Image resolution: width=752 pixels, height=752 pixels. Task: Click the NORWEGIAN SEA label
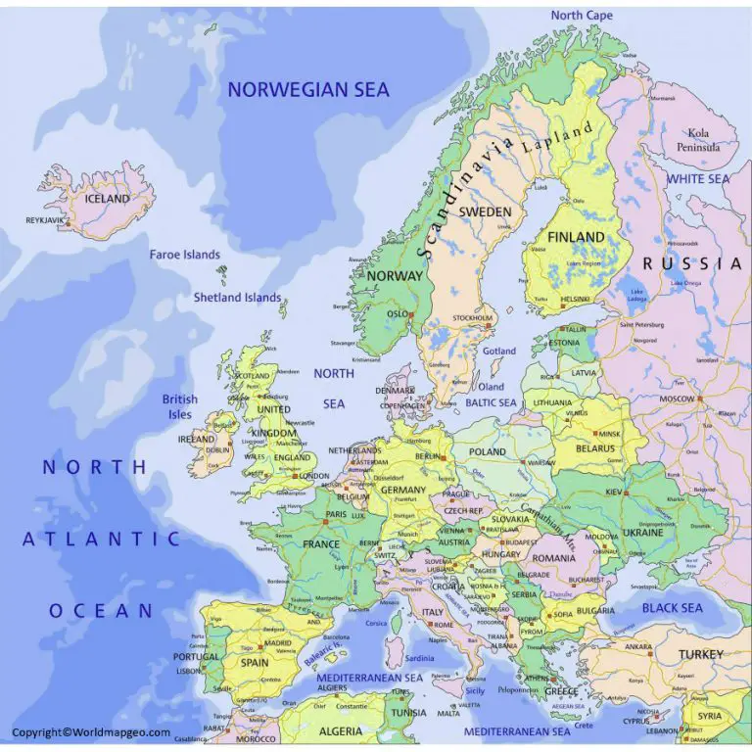pos(308,90)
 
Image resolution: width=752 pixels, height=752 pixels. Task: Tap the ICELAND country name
pos(107,199)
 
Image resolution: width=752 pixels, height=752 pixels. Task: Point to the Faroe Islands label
pos(184,255)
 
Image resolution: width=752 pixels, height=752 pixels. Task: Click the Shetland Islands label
pos(237,298)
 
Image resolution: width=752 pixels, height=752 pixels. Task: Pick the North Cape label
pos(582,16)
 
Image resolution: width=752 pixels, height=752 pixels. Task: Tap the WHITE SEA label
pos(698,180)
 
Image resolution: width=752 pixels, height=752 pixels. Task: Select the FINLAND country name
pos(576,238)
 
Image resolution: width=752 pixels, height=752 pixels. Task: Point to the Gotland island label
pos(499,352)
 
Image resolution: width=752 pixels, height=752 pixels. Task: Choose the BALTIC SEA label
pos(491,402)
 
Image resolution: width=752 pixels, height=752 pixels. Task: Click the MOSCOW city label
pos(677,399)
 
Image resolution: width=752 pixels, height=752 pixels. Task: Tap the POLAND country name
pos(487,452)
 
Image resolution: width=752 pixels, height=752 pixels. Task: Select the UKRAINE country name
pos(642,533)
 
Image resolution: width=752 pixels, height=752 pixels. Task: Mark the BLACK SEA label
pos(672,608)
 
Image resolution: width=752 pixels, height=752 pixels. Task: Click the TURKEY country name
pos(701,654)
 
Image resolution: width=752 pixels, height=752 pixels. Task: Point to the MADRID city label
pos(277,643)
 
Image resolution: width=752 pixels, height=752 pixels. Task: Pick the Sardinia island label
pos(419,658)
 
